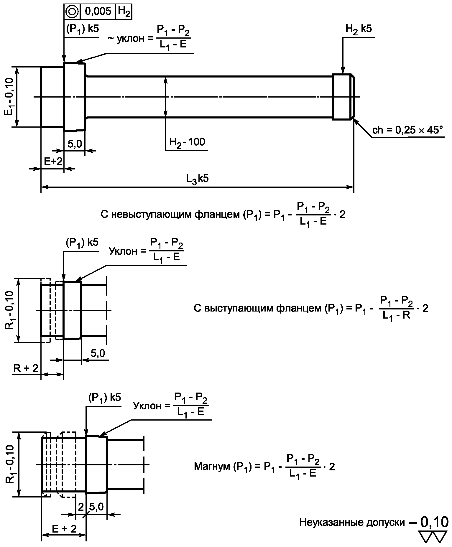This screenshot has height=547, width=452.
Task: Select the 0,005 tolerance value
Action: pos(98,11)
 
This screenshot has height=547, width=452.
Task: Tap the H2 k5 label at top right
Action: pos(359,29)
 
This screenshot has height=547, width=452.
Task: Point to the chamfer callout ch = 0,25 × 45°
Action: pos(408,130)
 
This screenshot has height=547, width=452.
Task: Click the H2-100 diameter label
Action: pos(187,142)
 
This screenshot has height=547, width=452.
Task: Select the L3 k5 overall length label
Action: pos(198,179)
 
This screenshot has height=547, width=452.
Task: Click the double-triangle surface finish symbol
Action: pos(433,537)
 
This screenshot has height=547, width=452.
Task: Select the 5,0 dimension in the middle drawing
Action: pos(98,353)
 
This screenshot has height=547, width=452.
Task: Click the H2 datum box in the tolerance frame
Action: pos(124,11)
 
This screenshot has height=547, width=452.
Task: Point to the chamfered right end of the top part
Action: pos(352,97)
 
